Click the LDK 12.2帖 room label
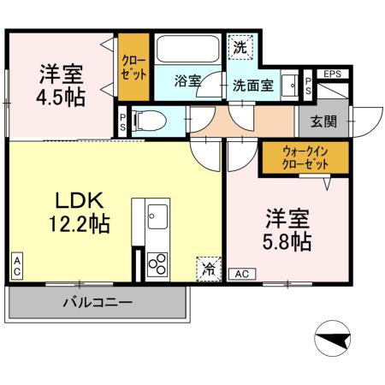82,213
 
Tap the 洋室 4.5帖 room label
61,84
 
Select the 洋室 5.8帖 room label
287,229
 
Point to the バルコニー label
97,303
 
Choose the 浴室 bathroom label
187,81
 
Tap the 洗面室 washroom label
253,86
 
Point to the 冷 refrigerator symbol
208,269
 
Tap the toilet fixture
149,121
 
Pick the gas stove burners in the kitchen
157,264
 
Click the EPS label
332,74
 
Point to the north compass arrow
334,341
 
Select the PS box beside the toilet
123,121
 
